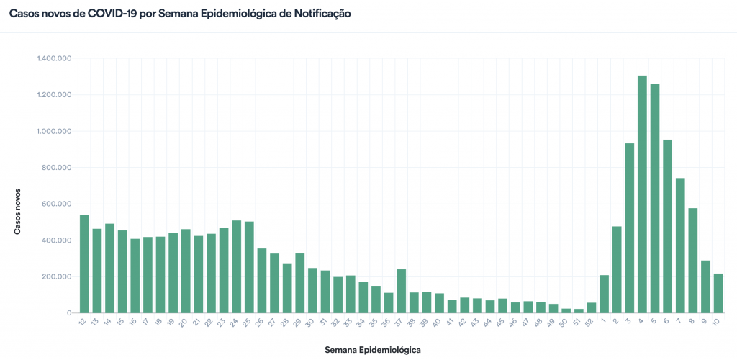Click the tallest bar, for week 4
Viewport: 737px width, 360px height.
(642, 194)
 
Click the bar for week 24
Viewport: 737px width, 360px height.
(236, 267)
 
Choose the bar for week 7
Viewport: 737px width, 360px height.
(680, 246)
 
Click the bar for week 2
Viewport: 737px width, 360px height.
(617, 270)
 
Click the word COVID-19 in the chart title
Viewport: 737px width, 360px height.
(109, 14)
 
